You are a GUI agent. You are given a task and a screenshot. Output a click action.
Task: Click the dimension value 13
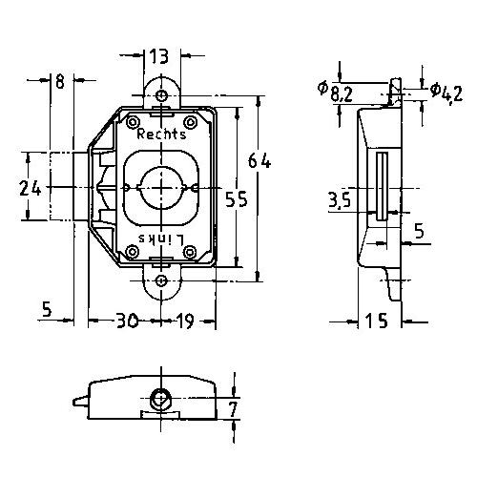[159, 56]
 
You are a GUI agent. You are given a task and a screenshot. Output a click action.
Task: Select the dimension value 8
[60, 80]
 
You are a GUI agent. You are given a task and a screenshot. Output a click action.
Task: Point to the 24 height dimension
[31, 188]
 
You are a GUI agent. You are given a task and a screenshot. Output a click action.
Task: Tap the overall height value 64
[259, 160]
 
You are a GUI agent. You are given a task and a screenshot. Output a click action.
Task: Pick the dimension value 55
[236, 199]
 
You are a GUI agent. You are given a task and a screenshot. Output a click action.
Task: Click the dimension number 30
[127, 321]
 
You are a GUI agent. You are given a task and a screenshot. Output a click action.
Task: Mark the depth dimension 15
[377, 321]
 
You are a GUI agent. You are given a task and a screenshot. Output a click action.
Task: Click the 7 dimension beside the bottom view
[233, 409]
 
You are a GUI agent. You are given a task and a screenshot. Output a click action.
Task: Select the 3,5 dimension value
[340, 200]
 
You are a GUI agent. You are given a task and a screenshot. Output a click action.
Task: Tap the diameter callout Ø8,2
[335, 92]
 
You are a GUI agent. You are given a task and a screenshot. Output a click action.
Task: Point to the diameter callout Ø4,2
[446, 93]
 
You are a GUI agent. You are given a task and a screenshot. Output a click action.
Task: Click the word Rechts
[161, 134]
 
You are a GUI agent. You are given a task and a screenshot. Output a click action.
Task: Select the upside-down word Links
[161, 238]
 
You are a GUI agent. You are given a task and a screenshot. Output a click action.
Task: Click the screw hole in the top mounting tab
[162, 94]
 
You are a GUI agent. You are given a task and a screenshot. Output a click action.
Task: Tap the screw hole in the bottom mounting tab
[162, 280]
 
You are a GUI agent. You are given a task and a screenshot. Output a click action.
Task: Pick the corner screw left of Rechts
[133, 122]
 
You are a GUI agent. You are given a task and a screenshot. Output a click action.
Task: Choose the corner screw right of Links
[190, 252]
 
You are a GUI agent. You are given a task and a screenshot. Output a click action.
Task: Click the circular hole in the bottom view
[161, 398]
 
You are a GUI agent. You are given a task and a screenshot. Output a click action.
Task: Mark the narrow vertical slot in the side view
[382, 186]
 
